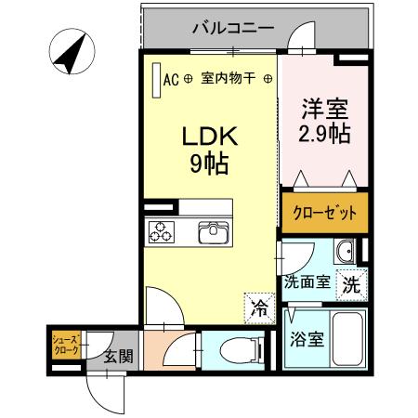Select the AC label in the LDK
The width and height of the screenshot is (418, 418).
click(170, 79)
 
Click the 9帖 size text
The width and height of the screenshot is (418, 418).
click(210, 165)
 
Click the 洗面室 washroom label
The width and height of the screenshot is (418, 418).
click(307, 282)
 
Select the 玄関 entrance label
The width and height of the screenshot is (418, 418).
click(116, 357)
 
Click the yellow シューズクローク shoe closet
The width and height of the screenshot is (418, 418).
click(64, 345)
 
